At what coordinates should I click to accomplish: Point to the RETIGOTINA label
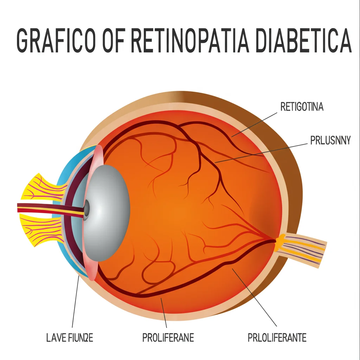[302, 107]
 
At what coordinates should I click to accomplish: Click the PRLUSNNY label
[330, 140]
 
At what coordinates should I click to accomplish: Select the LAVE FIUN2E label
[70, 338]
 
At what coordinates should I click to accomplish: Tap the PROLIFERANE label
[168, 338]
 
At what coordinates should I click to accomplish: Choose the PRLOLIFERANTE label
[277, 338]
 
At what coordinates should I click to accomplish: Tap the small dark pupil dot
[86, 210]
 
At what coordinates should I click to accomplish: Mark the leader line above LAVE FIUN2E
[75, 302]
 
